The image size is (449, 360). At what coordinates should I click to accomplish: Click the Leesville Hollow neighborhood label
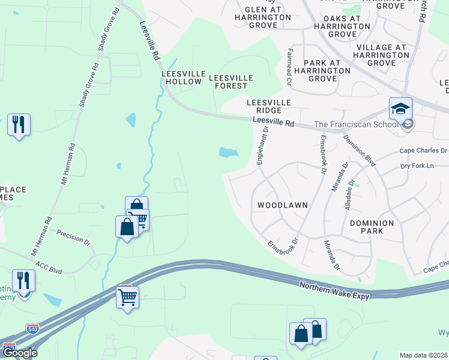(181, 77)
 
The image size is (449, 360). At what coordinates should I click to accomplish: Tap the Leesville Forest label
(231, 82)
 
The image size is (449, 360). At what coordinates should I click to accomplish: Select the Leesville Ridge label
(269, 107)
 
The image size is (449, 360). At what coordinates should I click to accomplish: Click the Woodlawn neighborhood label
(282, 205)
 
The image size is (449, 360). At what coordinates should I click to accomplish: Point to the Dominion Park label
(372, 227)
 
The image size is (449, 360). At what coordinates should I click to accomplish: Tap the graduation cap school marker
(400, 109)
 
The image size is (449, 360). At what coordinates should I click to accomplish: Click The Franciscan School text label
(355, 125)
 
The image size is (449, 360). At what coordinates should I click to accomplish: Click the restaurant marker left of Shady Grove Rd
(19, 125)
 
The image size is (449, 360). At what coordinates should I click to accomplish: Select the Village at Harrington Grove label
(381, 55)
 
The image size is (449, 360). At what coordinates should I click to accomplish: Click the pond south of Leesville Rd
(228, 152)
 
